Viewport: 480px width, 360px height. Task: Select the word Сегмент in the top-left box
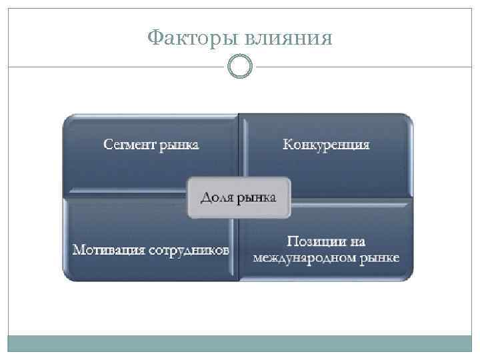click(129, 144)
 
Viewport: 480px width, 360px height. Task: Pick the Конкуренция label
click(326, 144)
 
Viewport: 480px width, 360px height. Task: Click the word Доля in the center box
click(219, 197)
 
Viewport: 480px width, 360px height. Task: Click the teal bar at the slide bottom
click(240, 343)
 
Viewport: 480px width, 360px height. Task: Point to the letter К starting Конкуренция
click(287, 144)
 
